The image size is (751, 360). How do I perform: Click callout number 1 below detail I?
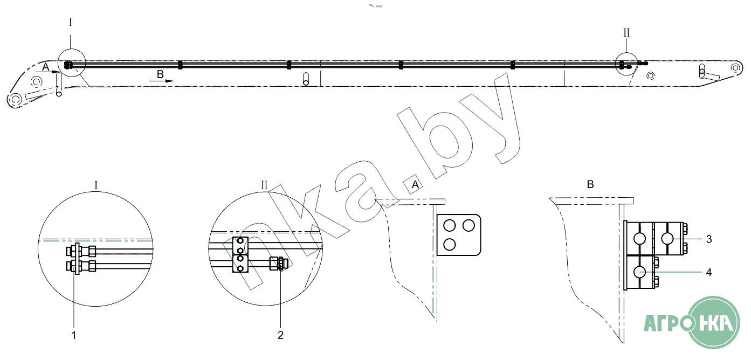point(74,335)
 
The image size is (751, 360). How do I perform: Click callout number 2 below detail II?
point(280,335)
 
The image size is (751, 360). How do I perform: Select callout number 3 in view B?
point(709,239)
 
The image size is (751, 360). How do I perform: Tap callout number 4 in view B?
point(709,272)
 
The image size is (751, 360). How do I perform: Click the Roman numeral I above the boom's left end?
point(71,22)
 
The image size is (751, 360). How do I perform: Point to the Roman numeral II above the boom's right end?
point(626,33)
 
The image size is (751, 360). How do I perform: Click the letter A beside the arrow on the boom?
point(46,67)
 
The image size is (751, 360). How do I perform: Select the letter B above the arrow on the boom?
point(160,74)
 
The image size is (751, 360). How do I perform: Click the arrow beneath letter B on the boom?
point(162,81)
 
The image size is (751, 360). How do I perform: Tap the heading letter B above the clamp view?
point(590,184)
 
